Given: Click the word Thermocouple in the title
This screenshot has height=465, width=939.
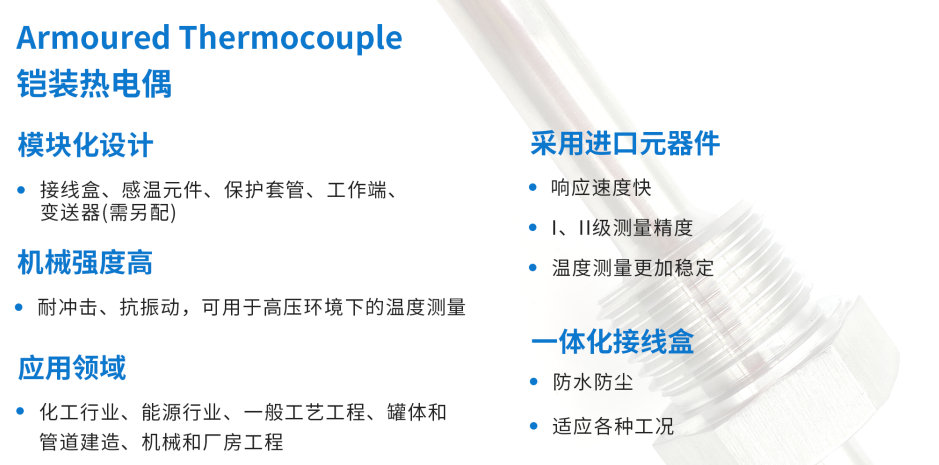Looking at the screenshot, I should (291, 38).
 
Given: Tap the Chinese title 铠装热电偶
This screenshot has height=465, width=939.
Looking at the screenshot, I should (94, 83).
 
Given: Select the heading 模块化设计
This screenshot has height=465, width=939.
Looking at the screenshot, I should (85, 145).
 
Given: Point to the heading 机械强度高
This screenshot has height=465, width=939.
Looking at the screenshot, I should (85, 263).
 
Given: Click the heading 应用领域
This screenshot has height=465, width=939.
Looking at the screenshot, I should (72, 368).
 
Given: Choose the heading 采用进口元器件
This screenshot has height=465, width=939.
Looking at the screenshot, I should (625, 144).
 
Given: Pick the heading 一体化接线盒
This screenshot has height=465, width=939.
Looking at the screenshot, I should (612, 342).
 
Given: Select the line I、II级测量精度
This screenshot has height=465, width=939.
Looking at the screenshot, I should (622, 227).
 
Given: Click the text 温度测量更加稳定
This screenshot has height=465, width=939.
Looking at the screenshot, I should (633, 267).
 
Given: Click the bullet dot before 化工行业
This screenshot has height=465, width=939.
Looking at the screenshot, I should (22, 412).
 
